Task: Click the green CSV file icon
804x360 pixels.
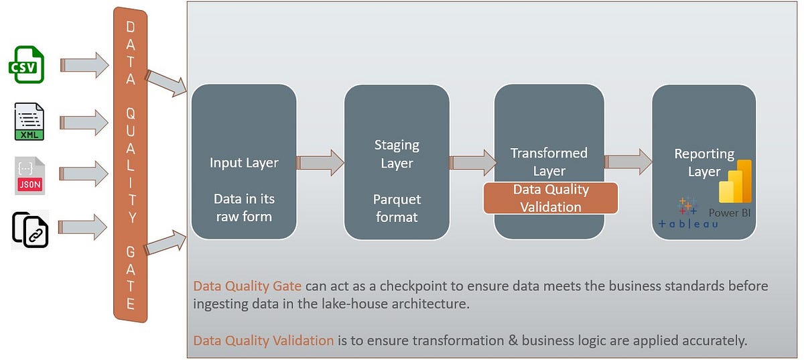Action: (26, 64)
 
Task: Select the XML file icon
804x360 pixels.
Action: (29, 121)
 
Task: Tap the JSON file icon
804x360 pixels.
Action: (29, 175)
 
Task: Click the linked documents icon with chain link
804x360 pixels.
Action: (29, 229)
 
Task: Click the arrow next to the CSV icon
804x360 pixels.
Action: (84, 64)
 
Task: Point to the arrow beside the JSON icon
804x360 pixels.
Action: (84, 174)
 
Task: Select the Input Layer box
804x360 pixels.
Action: (244, 162)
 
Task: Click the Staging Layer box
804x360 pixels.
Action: (397, 162)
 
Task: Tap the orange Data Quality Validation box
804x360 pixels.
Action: (550, 198)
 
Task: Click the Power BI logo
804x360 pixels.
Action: (734, 182)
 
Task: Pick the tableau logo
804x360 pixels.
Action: (687, 215)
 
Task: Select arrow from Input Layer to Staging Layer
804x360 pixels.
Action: (320, 162)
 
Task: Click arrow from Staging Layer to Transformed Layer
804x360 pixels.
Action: (473, 162)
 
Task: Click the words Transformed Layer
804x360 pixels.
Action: (549, 162)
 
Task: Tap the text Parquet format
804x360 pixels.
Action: (397, 208)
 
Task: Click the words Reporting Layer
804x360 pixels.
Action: (703, 162)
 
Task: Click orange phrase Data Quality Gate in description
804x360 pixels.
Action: (247, 286)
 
